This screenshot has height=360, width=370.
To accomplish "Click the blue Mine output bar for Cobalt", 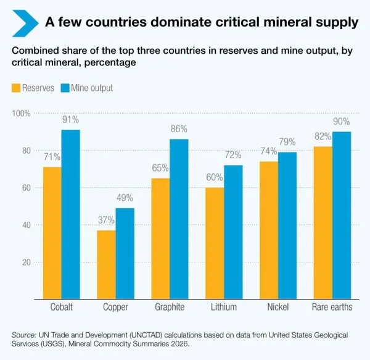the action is pyautogui.click(x=71, y=214).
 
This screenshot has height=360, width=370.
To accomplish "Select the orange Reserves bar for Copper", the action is pyautogui.click(x=107, y=265).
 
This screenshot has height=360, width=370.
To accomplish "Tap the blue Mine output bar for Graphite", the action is pyautogui.click(x=179, y=219).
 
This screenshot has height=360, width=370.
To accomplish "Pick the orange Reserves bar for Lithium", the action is pyautogui.click(x=215, y=243).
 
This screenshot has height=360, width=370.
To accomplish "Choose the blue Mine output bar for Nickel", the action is pyautogui.click(x=287, y=225).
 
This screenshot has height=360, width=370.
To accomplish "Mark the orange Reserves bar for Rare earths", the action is pyautogui.click(x=323, y=223).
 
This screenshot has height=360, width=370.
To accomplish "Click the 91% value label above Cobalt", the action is pyautogui.click(x=70, y=120).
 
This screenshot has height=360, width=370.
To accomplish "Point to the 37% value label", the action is pyautogui.click(x=106, y=220).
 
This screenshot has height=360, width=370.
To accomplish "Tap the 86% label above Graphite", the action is pyautogui.click(x=179, y=129).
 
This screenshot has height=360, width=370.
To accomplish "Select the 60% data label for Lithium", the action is pyautogui.click(x=215, y=177).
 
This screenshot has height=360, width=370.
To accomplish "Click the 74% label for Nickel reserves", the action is pyautogui.click(x=268, y=151).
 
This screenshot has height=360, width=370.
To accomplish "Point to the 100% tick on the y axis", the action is pyautogui.click(x=21, y=114).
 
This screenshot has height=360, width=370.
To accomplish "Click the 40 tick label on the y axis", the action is pyautogui.click(x=27, y=225).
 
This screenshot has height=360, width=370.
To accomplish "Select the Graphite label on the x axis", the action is pyautogui.click(x=170, y=307).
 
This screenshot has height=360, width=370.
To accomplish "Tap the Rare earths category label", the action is pyautogui.click(x=332, y=307).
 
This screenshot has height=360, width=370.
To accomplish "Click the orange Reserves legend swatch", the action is pyautogui.click(x=16, y=88).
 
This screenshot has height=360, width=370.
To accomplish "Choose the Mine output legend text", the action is pyautogui.click(x=92, y=88).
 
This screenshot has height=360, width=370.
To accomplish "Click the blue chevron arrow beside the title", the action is pyautogui.click(x=25, y=23).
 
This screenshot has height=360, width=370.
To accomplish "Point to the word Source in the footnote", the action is pyautogui.click(x=23, y=335).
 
